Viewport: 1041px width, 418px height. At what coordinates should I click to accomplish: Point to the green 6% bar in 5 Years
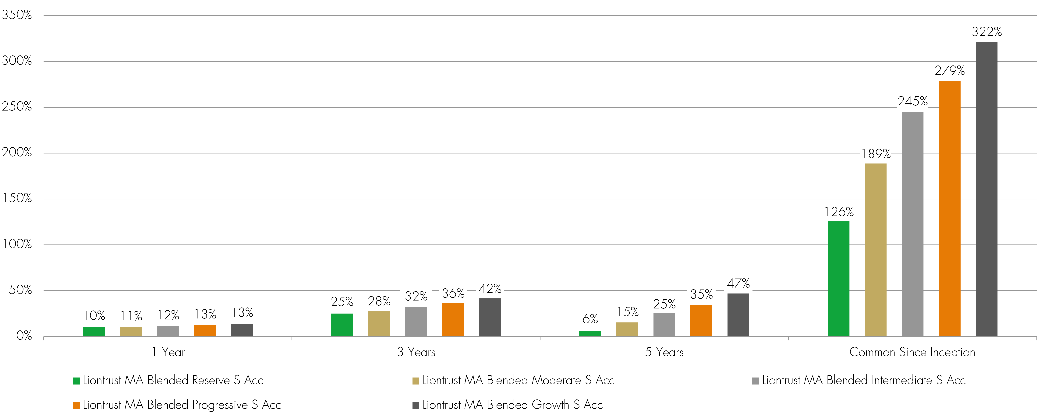tap(590, 333)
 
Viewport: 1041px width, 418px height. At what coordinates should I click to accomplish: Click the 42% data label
tap(490, 289)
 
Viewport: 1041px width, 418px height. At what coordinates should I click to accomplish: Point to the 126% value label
tap(839, 212)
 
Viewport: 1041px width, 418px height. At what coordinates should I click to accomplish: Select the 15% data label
tap(628, 312)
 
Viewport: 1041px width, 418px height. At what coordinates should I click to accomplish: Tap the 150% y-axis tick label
tap(17, 198)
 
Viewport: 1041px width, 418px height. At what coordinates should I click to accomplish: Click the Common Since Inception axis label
tap(912, 352)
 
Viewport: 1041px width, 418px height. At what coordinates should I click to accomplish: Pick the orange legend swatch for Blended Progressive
tap(76, 405)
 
